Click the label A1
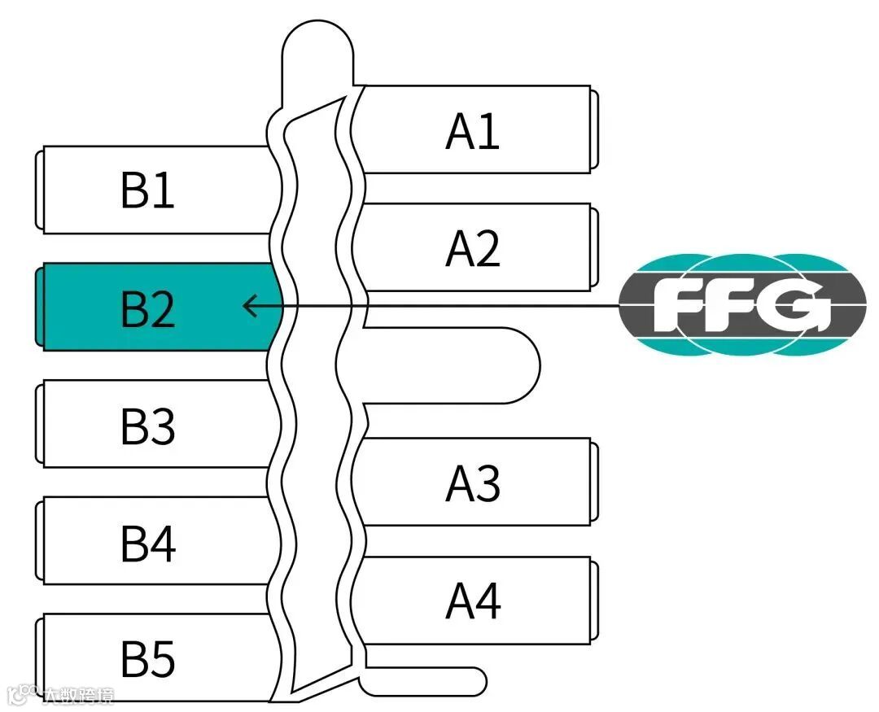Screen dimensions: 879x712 point(473,131)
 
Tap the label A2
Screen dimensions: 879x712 point(473,249)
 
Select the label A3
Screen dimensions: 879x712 point(473,484)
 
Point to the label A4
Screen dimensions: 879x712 point(473,601)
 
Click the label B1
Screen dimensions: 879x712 point(147,190)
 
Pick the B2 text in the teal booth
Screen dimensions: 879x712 point(147,308)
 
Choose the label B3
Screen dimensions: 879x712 point(147,426)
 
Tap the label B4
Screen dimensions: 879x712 point(147,544)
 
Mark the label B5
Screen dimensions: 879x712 point(147,660)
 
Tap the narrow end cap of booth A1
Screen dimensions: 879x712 point(595,129)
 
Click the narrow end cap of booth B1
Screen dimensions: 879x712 point(38,190)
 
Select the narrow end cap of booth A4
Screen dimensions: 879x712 point(595,600)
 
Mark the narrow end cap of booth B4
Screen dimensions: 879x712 point(38,542)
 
